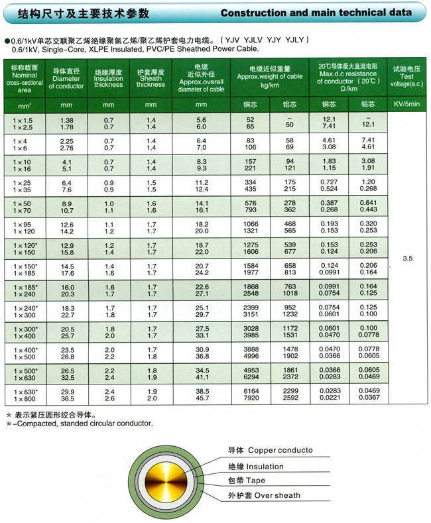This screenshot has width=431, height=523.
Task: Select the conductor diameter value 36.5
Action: [x=67, y=400]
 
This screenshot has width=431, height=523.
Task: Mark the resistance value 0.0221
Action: [x=330, y=400]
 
